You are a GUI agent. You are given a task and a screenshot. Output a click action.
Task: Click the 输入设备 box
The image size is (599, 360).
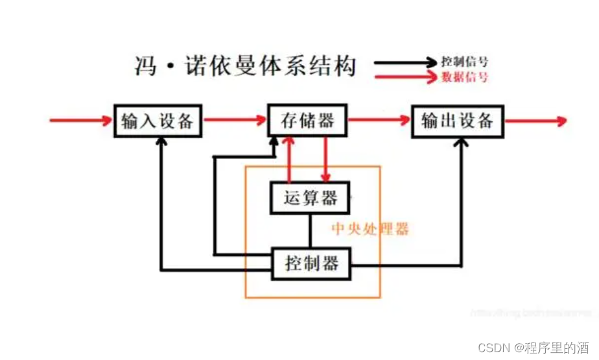[158, 121]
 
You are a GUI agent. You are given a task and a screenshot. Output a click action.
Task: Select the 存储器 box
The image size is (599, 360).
[307, 121]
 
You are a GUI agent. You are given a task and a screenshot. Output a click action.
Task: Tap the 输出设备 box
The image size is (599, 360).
[458, 121]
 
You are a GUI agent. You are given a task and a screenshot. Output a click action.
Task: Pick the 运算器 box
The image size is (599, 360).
[310, 197]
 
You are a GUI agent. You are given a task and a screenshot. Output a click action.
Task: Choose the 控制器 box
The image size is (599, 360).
[312, 263]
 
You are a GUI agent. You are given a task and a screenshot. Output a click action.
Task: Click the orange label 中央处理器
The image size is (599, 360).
[370, 229]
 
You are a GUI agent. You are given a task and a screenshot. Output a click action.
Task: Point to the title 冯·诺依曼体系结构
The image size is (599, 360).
[246, 66]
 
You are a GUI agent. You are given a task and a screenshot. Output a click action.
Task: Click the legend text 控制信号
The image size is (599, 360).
[464, 62]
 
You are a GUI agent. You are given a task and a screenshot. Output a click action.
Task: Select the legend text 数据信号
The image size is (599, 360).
[464, 77]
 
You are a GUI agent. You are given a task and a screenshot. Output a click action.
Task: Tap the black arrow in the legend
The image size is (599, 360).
[405, 62]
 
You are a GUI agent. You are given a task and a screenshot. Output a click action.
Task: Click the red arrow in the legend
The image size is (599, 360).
[405, 77]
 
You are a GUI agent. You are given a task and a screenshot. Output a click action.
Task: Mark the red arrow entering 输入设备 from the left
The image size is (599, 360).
[81, 120]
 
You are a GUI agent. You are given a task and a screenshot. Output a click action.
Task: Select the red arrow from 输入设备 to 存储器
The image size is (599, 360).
[235, 120]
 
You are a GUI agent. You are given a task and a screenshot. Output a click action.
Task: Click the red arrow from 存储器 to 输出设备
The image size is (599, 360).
[379, 120]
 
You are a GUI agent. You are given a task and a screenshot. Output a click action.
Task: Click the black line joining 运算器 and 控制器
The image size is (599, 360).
[310, 230]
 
